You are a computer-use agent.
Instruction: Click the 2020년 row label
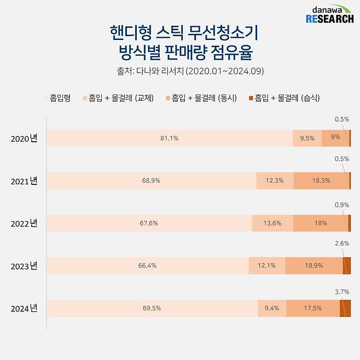pos(24,138)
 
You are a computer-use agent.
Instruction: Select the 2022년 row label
pos(24,223)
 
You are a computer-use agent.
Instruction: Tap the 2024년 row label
pos(24,309)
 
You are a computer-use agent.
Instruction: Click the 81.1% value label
pos(169,138)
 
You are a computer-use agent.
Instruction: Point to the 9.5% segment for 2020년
pos(307,138)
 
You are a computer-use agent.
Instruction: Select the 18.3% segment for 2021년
pos(321,181)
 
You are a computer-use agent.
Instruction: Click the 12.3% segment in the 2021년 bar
pos(275,181)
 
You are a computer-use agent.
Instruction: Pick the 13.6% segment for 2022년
pos(272,223)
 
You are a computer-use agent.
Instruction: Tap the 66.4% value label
pos(148,266)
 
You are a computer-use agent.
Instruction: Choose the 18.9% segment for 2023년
pos(313,266)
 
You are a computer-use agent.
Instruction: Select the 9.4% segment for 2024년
pos(271,308)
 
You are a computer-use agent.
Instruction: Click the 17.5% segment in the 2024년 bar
pos(312,308)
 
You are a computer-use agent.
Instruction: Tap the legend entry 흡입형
pos(57,98)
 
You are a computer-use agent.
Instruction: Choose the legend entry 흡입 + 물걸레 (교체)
pos(118,98)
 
